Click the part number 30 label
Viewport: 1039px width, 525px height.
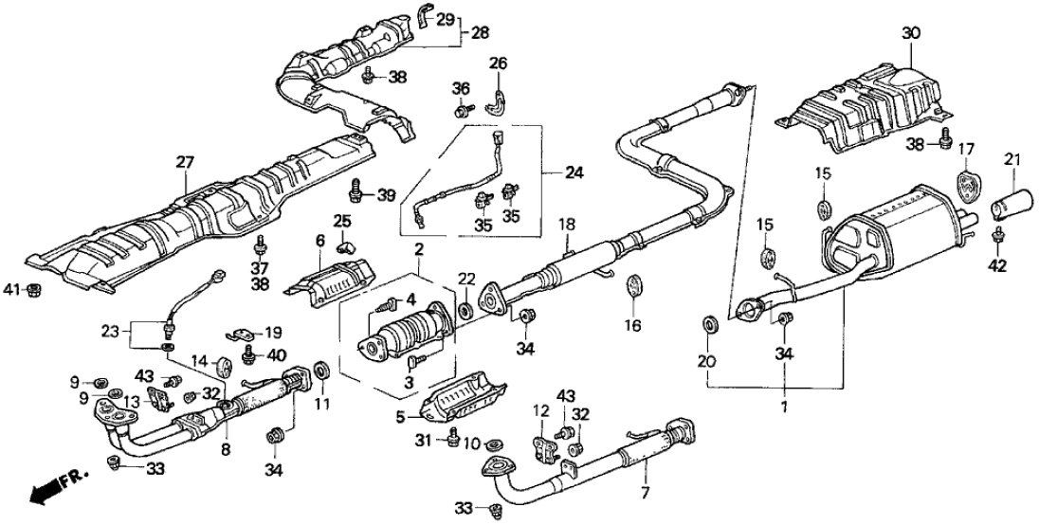coord(911,33)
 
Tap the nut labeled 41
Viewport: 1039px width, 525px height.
coord(34,289)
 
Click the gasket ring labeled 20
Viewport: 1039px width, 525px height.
coord(710,326)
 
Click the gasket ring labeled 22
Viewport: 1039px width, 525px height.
coord(465,310)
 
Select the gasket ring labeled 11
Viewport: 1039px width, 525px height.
coord(319,368)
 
